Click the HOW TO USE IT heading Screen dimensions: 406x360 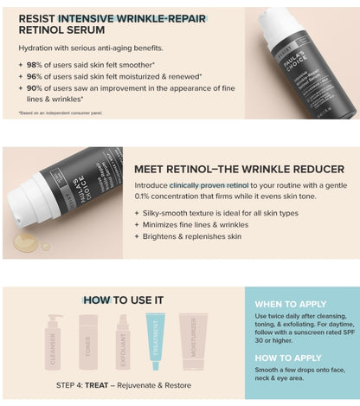[123, 300]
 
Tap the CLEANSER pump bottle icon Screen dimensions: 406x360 [56, 341]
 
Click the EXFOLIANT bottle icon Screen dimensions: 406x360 [122, 341]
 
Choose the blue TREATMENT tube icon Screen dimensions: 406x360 [156, 341]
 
